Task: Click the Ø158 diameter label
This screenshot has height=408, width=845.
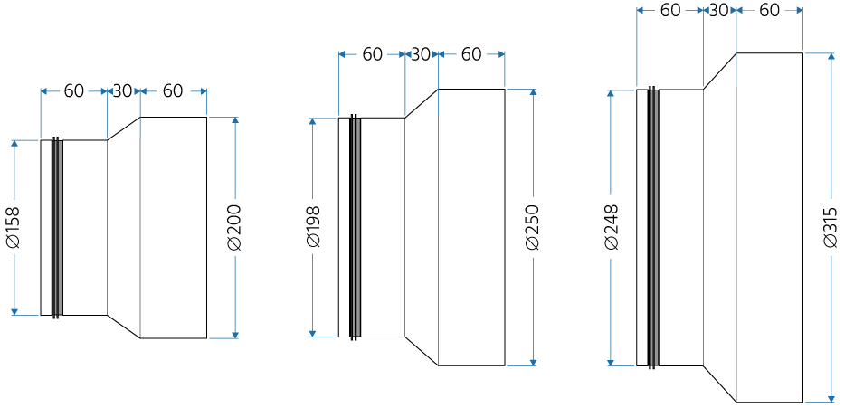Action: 14,227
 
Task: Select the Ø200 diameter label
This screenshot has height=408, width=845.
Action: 234,227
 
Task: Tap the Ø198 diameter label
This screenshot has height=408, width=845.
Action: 313,227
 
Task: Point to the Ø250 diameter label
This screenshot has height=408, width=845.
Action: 533,227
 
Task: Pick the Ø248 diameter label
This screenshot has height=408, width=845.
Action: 612,227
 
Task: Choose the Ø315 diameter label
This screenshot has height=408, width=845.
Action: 831,227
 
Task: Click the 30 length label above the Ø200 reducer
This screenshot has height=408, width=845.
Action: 122,90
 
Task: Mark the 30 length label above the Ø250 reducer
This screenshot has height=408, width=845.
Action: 421,54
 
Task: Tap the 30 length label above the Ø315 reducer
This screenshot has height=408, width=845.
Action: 719,10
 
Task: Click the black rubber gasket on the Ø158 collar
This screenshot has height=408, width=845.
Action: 57,227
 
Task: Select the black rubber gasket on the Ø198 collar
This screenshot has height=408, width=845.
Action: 355,227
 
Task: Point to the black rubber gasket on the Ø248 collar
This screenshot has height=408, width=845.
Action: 653,227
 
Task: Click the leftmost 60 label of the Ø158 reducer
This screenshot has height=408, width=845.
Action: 74,90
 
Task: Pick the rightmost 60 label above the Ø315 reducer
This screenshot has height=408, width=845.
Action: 769,10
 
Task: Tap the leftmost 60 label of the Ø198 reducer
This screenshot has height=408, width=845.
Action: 372,54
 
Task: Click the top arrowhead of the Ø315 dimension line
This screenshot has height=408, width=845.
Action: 831,57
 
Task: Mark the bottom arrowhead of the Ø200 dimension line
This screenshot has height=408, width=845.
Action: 235,334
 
